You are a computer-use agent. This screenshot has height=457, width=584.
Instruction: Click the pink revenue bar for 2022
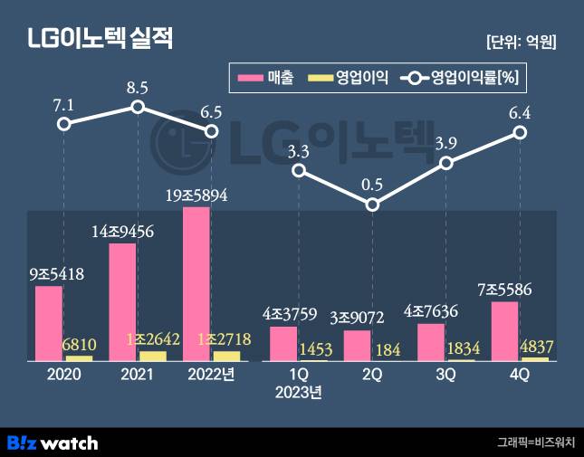coord(196,284)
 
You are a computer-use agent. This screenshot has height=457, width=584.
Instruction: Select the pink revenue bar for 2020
coord(49,324)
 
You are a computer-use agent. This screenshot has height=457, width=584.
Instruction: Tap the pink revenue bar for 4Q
coord(504,331)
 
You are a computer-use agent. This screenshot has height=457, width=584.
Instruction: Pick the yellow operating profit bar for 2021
coord(153,356)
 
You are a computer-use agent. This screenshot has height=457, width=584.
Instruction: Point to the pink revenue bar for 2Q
coord(358,346)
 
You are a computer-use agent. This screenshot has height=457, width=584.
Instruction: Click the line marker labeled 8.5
coord(138,107)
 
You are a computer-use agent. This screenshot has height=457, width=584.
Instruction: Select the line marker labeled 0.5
coord(373,205)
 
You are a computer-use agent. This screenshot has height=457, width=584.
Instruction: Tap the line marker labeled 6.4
coord(520,132)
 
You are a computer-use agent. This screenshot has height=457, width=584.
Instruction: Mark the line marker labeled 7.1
coord(63,123)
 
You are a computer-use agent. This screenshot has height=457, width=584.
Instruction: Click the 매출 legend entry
coord(264,78)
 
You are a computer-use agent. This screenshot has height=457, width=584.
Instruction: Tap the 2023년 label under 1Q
coord(299,393)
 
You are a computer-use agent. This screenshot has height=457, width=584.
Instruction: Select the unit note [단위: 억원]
coord(521,42)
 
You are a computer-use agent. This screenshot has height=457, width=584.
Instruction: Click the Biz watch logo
coord(53,443)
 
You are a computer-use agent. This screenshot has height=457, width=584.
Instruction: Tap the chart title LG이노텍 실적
coord(99,40)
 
